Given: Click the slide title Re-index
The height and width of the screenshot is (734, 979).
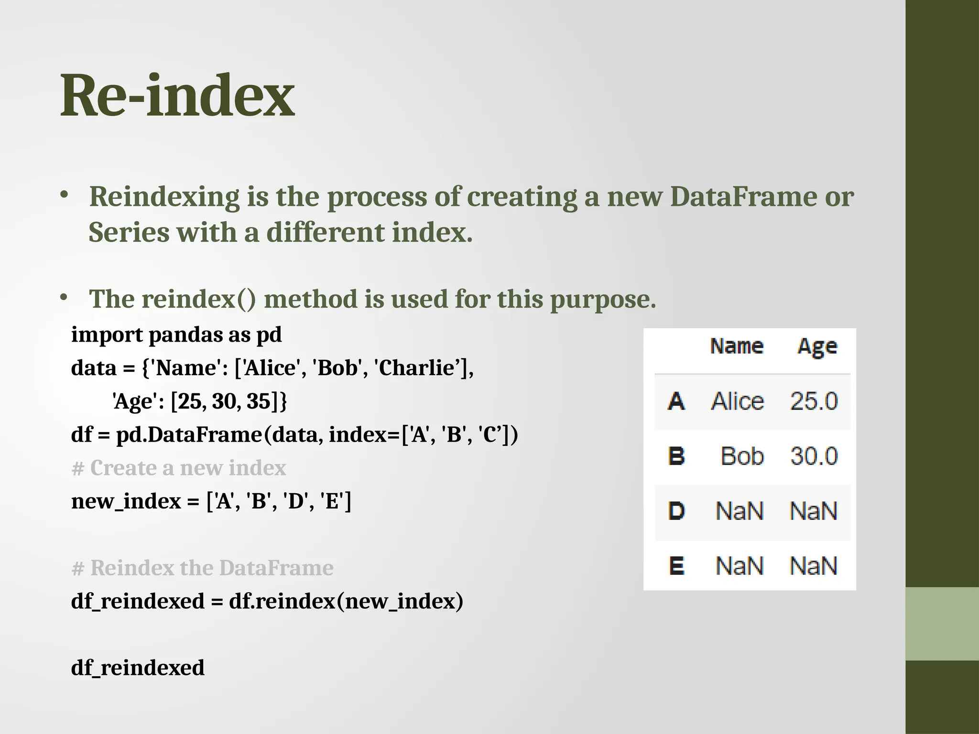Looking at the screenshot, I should point(177,96).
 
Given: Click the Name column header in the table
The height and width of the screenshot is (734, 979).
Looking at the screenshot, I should point(736,346).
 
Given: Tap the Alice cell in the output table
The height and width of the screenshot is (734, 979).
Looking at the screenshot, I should point(737,401).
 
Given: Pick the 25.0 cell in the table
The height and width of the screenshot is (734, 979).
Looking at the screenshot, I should point(814,401).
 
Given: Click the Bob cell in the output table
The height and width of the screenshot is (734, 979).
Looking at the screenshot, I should point(742,456).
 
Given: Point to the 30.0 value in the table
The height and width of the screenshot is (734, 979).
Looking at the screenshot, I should point(814,456).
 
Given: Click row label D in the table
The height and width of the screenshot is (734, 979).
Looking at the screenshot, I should point(676,511).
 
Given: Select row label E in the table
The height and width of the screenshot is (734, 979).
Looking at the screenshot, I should point(676,566).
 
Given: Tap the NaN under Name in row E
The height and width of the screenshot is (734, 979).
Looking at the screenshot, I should point(739,566).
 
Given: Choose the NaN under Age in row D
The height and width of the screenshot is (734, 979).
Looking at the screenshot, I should point(814,511).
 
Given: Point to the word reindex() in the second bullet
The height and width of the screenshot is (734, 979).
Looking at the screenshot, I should point(198,300).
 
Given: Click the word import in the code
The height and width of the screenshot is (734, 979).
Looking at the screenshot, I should point(107,335).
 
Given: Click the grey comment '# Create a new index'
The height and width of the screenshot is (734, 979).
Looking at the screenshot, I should point(178,468).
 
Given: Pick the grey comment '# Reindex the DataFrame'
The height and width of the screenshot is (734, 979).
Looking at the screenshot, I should point(202,568).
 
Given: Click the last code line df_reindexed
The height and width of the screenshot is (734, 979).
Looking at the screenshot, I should point(138,668).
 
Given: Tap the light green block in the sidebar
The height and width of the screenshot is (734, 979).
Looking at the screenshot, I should point(942,624).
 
